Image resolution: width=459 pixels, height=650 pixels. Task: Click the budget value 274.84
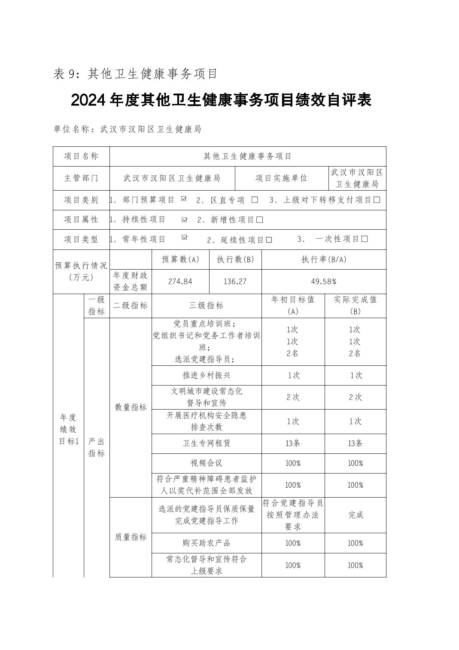point(180,282)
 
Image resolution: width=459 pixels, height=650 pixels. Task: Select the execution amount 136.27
point(235,282)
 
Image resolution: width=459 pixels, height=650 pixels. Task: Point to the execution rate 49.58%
point(323,282)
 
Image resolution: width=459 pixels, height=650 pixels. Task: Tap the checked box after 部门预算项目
point(184,199)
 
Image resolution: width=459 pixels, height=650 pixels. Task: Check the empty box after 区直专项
point(255,200)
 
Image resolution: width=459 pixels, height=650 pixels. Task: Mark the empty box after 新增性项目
point(259,220)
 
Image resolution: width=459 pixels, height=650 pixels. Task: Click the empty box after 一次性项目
point(365,239)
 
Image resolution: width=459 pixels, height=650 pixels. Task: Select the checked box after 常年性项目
point(185,237)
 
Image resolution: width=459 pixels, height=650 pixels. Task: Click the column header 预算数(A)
point(180,260)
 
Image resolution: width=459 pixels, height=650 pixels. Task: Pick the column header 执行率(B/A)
point(323,260)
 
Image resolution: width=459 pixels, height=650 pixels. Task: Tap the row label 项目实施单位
point(281,178)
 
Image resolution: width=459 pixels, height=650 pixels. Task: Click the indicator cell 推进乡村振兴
point(207,375)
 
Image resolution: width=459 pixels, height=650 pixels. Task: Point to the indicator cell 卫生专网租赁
point(207,443)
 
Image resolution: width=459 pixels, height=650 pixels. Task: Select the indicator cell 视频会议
point(207,463)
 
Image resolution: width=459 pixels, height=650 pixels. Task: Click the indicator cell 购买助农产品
point(207,543)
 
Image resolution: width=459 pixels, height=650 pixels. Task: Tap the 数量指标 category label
point(131,407)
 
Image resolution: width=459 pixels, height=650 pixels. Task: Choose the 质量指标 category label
point(131,537)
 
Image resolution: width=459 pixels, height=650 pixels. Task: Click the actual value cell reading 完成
point(356,515)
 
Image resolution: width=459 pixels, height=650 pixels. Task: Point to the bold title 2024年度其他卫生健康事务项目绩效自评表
point(221,100)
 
